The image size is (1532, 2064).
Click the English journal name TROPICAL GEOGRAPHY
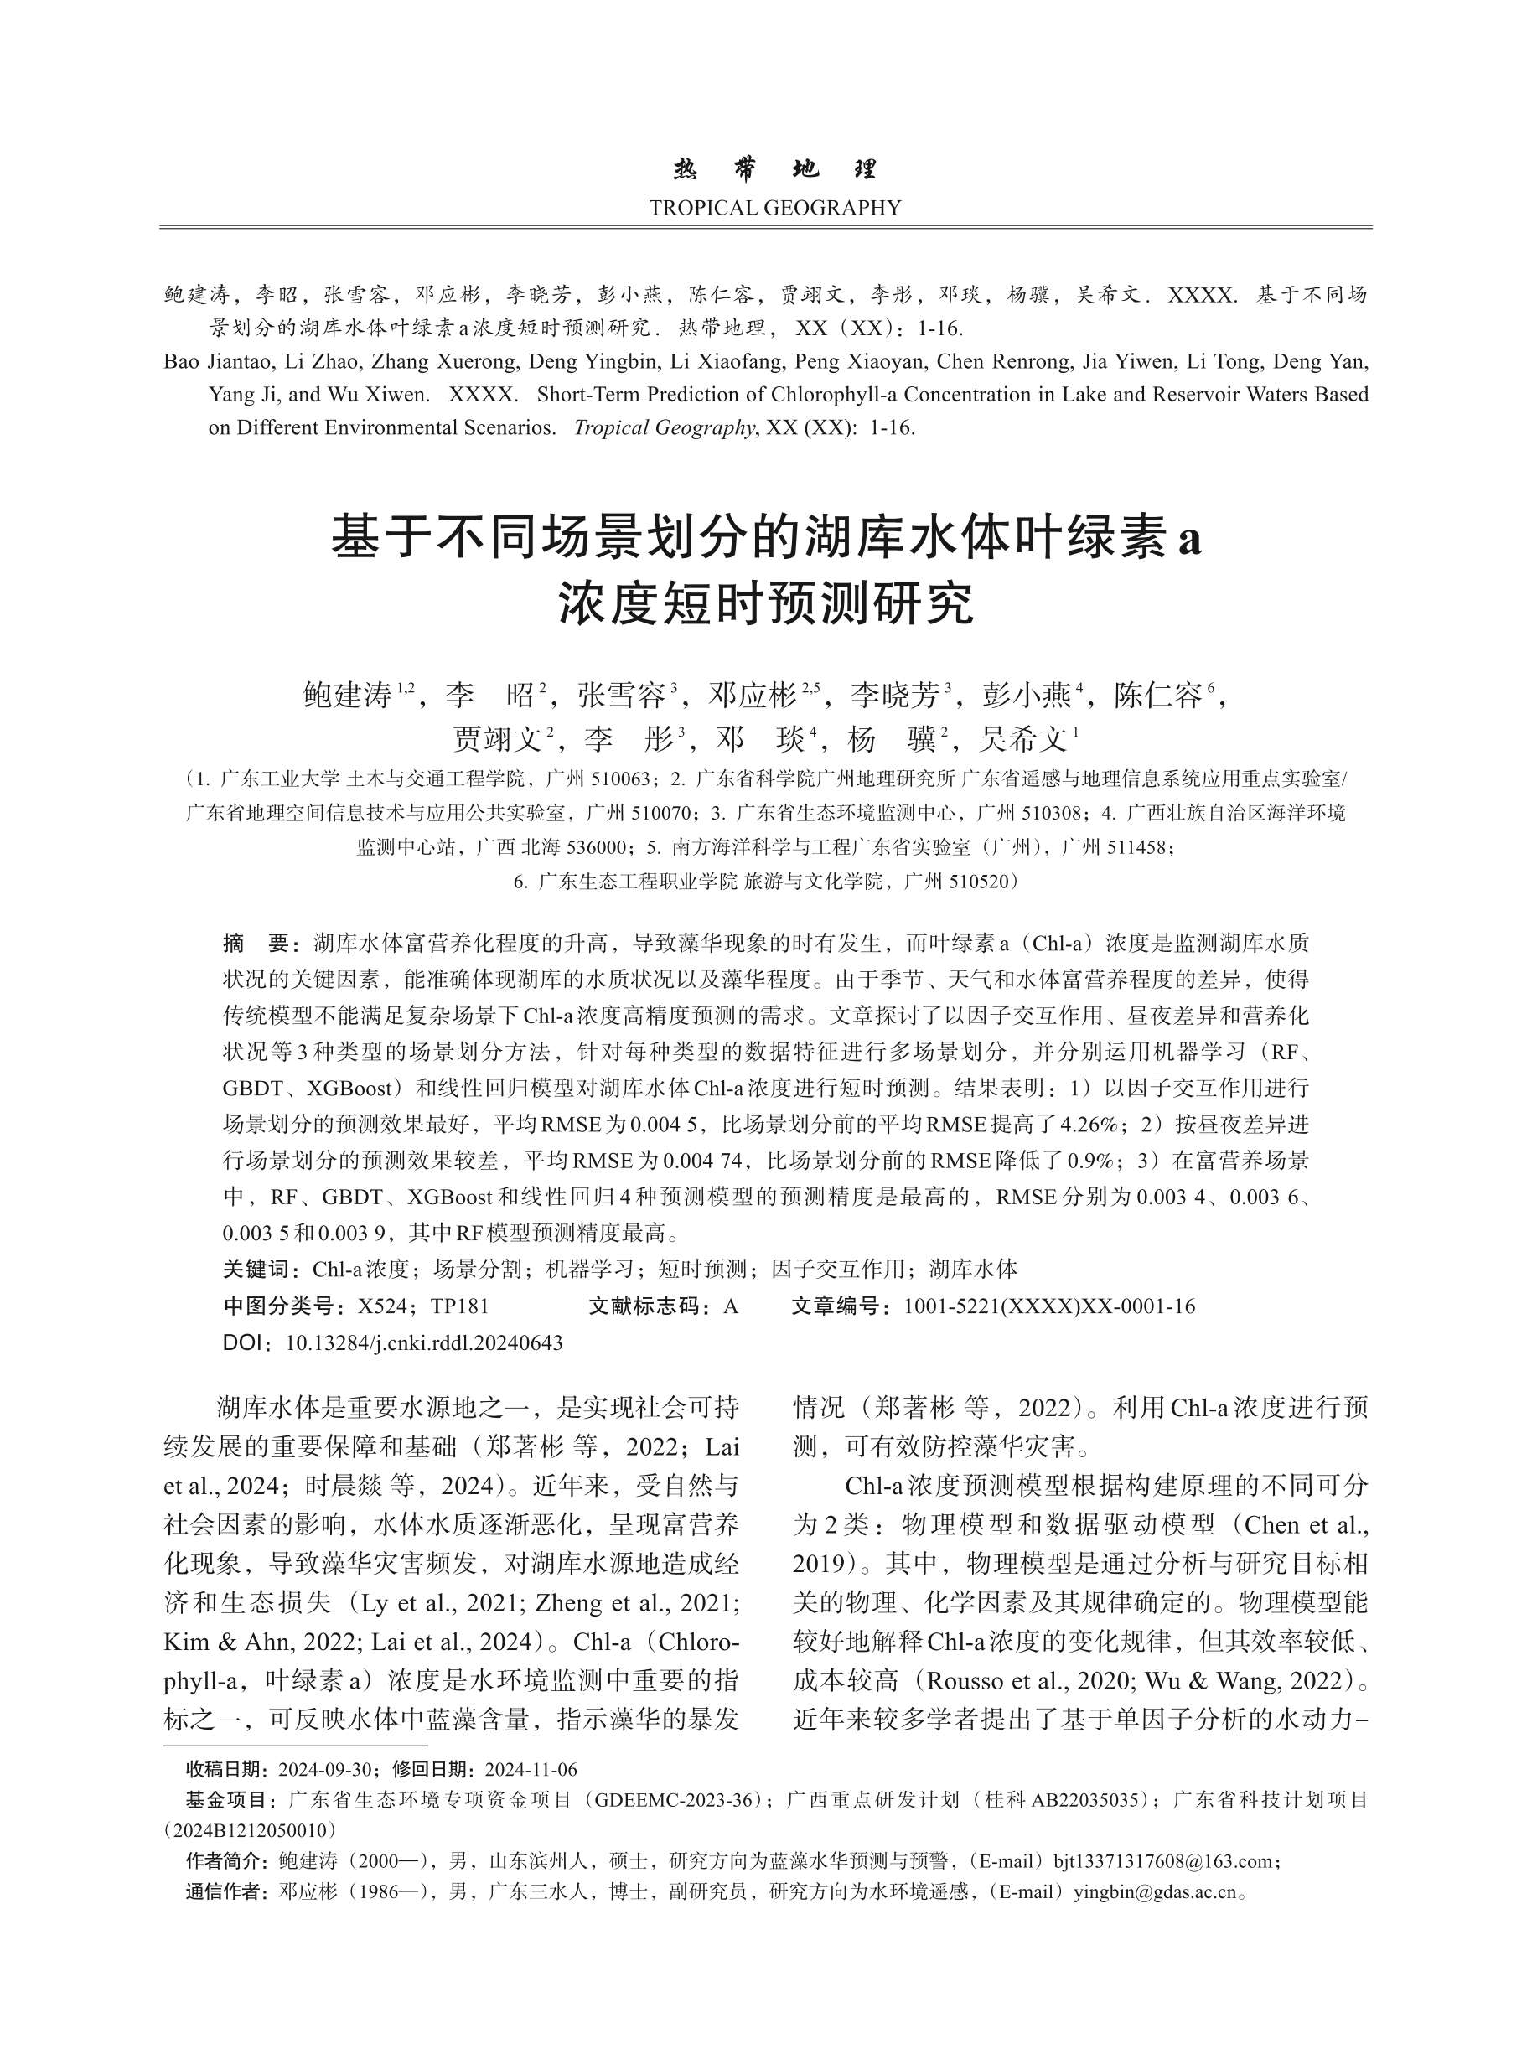point(774,208)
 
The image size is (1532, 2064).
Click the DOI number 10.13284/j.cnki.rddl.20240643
point(424,1342)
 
